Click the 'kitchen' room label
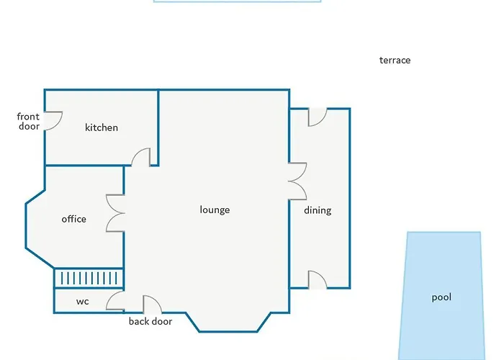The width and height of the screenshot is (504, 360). [x=102, y=127]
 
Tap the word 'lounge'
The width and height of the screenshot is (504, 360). [x=215, y=210]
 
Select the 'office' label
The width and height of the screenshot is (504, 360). [x=73, y=219]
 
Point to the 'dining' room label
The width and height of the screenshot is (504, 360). [x=318, y=210]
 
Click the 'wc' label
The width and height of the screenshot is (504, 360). [x=82, y=302]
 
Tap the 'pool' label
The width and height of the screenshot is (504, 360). [x=441, y=297]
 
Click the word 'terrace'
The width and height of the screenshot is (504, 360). [x=395, y=60]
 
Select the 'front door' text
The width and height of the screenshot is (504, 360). [x=29, y=121]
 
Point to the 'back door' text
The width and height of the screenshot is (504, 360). [x=150, y=321]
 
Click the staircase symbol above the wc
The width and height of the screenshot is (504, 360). [x=89, y=278]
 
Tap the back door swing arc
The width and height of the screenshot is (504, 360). [x=151, y=304]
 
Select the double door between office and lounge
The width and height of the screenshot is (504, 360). [x=115, y=213]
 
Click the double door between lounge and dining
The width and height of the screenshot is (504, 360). [x=297, y=181]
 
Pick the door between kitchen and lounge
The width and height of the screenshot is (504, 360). [x=142, y=158]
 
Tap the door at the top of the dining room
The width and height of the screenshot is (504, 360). [x=317, y=117]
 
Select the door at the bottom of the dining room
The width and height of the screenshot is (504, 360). [x=317, y=279]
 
